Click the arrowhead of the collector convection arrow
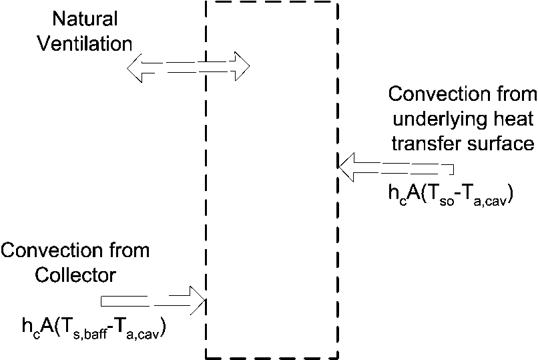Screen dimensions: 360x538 tap(198, 299)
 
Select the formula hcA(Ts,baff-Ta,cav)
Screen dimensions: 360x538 tap(93, 327)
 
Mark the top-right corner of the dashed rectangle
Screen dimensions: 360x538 tap(338, 2)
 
